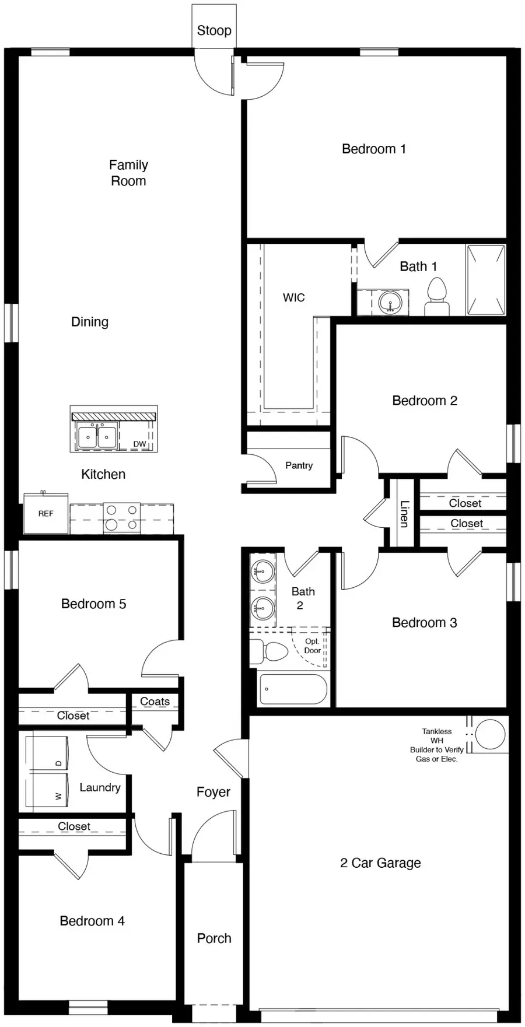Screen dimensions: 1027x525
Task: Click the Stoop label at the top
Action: pyautogui.click(x=214, y=30)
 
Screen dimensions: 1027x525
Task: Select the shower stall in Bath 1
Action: pyautogui.click(x=485, y=280)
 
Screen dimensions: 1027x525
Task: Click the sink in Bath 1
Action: pyautogui.click(x=390, y=302)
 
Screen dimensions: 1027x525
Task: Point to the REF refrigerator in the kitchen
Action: pyautogui.click(x=45, y=513)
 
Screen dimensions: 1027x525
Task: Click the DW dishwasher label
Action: pyautogui.click(x=139, y=444)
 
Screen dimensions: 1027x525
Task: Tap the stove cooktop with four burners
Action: pyautogui.click(x=122, y=517)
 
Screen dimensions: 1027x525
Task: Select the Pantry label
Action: pyautogui.click(x=299, y=465)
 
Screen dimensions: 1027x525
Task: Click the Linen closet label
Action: pyautogui.click(x=404, y=513)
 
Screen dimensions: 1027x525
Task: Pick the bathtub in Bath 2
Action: pyautogui.click(x=293, y=689)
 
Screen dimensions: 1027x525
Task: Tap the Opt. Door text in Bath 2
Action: pyautogui.click(x=313, y=646)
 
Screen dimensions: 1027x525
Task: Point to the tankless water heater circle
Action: pyautogui.click(x=490, y=734)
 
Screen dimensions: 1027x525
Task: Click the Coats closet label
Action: pyautogui.click(x=155, y=702)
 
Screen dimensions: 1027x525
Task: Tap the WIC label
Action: pyautogui.click(x=293, y=297)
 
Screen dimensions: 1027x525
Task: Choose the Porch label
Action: pyautogui.click(x=214, y=938)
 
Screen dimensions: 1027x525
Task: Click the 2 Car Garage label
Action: pyautogui.click(x=380, y=863)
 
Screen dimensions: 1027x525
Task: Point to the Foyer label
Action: pyautogui.click(x=213, y=792)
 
